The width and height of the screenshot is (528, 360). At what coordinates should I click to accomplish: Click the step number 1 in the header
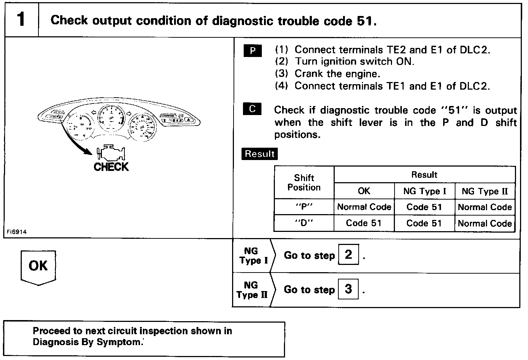tap(21, 20)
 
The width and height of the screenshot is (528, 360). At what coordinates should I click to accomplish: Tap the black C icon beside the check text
tap(252, 109)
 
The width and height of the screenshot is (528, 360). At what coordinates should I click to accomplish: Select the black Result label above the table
tap(259, 154)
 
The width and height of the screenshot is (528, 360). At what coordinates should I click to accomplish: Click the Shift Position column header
tap(304, 183)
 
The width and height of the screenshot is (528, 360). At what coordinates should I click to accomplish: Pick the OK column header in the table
tap(364, 191)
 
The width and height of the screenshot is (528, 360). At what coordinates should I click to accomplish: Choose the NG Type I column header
tap(424, 191)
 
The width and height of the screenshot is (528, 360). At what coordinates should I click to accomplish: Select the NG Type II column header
tap(485, 191)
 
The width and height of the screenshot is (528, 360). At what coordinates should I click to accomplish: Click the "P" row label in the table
tap(304, 207)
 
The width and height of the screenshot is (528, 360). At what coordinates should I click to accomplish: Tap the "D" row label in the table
tap(304, 223)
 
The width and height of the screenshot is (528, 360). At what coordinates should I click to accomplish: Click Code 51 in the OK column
tap(364, 223)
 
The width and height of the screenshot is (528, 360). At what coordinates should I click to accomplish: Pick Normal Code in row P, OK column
tap(364, 207)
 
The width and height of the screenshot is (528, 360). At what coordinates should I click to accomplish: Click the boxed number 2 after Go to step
tap(348, 255)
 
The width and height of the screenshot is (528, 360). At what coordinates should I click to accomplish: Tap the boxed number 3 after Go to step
tap(348, 289)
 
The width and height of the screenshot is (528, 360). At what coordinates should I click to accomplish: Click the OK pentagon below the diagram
tap(38, 266)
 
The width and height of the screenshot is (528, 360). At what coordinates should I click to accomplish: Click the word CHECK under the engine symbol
tap(111, 167)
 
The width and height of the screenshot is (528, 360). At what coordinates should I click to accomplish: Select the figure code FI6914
tap(16, 232)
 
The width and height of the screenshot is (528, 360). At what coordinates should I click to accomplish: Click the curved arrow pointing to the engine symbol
tap(74, 140)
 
